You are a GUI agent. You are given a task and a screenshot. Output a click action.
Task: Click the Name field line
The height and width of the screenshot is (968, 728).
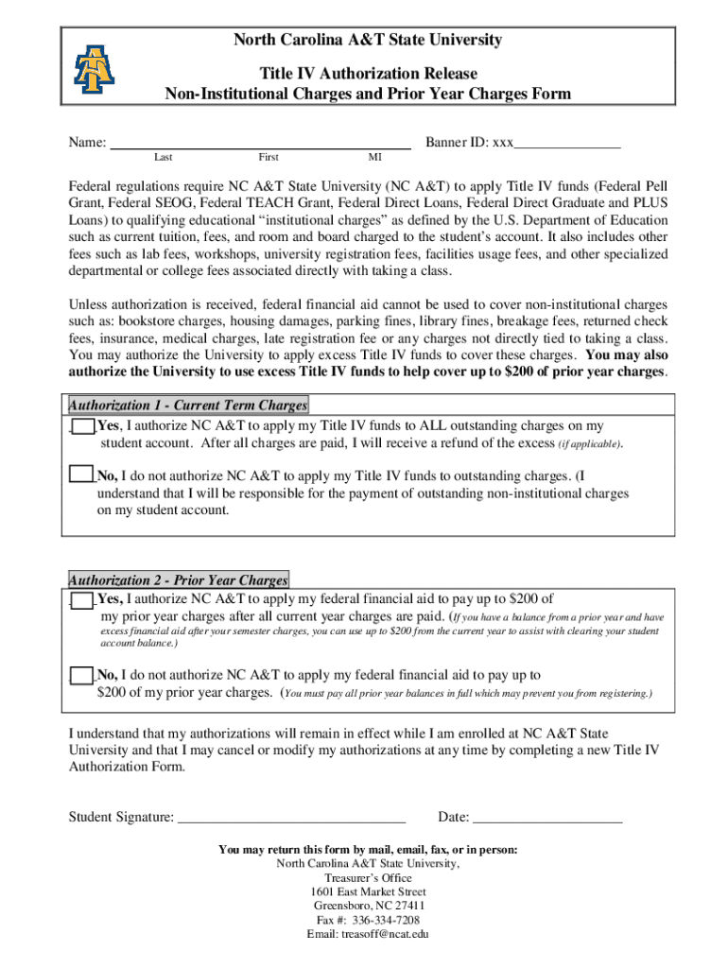coord(260,146)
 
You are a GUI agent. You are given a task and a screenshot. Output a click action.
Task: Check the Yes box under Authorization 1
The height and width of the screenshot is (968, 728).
coord(83,427)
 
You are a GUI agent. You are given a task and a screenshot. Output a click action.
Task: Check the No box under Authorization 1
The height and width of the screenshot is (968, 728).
coord(83,476)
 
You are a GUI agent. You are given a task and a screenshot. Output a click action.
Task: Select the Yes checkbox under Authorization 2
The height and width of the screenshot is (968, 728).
coord(83,600)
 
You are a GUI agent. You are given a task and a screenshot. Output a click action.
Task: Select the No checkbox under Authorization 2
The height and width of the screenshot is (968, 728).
coord(83,676)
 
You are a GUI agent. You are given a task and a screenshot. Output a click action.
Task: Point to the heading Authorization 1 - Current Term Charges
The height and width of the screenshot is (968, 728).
coord(188,406)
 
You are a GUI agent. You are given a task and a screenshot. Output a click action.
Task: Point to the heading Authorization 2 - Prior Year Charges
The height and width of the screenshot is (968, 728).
coord(178,580)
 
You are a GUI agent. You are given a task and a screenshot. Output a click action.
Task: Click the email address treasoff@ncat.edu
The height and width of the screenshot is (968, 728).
coord(368,933)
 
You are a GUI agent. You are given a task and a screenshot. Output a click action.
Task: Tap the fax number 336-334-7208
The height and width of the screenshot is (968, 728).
coord(368,919)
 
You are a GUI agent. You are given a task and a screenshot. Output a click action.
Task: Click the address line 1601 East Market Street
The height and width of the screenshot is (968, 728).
coord(368,891)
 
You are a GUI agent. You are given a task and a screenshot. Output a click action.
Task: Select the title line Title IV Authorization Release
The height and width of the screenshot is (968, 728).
coord(368,73)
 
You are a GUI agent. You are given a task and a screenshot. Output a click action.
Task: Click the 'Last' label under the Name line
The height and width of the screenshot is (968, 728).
coord(163,158)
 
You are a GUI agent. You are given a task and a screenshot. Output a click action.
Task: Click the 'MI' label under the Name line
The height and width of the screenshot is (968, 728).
coord(375,158)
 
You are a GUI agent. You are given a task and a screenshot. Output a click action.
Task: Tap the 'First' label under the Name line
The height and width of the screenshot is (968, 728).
coord(268,158)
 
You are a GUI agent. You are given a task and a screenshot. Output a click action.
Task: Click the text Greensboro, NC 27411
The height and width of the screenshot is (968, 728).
coord(368,906)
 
